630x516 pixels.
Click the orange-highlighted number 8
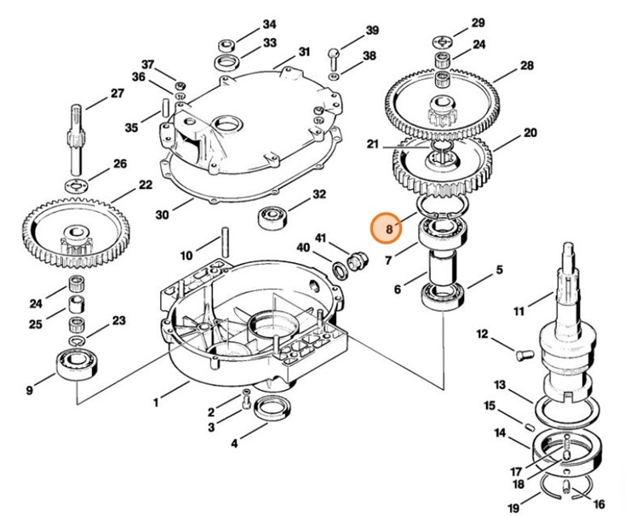(x=388, y=229)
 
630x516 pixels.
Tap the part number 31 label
(x=305, y=52)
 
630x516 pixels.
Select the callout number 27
(x=117, y=93)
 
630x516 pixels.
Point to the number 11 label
(x=518, y=311)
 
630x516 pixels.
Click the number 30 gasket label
(x=162, y=215)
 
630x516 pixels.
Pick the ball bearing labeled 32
(x=271, y=217)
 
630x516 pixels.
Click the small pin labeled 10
(x=226, y=243)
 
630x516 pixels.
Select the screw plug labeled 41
(x=356, y=261)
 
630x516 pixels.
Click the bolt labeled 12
(x=524, y=355)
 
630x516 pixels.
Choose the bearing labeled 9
(x=77, y=364)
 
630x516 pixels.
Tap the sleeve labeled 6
(x=442, y=267)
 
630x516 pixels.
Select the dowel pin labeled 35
(x=166, y=106)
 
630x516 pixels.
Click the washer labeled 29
(x=444, y=42)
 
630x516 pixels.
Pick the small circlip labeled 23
(x=77, y=341)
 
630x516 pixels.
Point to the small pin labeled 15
(x=530, y=424)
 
